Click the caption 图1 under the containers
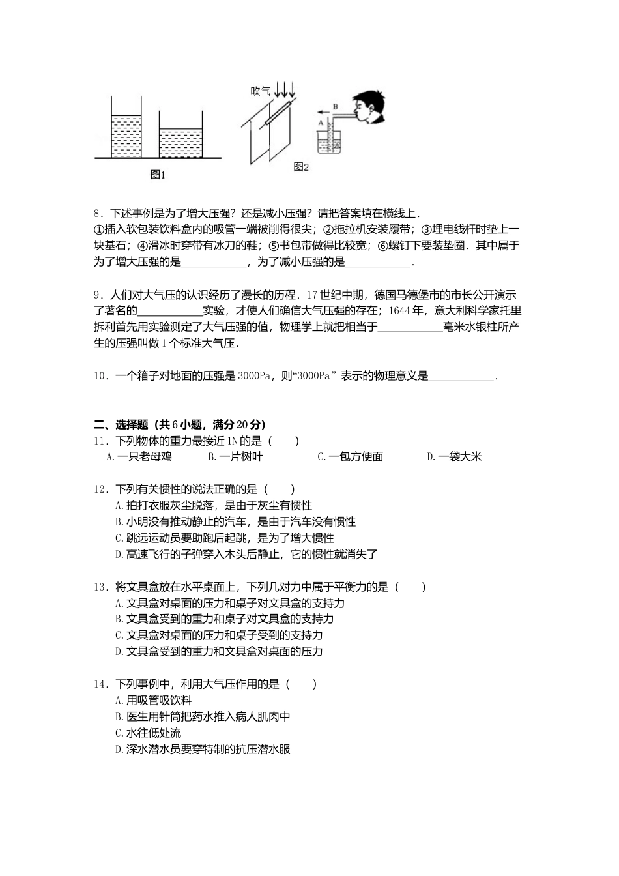point(158,175)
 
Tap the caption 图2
point(300,167)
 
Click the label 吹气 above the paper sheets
point(260,91)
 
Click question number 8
point(98,213)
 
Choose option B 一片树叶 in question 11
point(235,457)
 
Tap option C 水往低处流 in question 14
point(148,733)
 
